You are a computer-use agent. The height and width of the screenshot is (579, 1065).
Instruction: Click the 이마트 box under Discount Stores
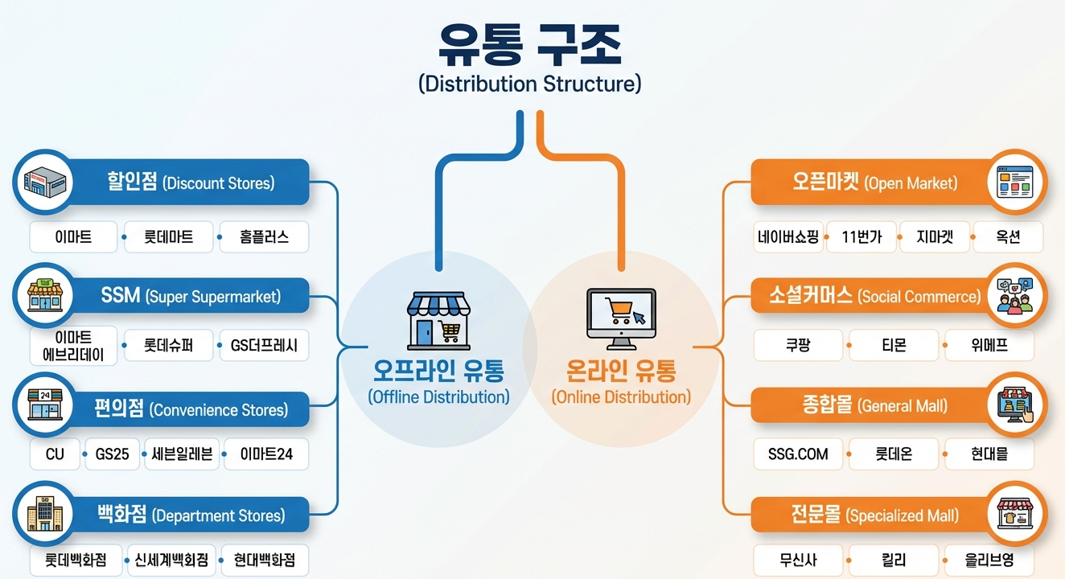[73, 237]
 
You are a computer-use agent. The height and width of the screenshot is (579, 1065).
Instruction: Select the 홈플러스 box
[264, 237]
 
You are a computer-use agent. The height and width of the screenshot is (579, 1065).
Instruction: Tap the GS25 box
[112, 454]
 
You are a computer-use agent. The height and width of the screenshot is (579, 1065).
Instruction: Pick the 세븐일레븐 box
[181, 454]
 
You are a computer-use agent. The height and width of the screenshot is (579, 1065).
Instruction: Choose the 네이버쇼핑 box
[788, 237]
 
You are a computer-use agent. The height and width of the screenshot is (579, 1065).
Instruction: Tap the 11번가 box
[861, 237]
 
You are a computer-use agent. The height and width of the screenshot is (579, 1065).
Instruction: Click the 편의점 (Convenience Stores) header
[190, 409]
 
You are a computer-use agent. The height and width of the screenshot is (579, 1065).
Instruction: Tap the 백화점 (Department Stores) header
[191, 515]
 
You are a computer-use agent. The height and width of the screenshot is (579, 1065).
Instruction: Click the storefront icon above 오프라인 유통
[434, 318]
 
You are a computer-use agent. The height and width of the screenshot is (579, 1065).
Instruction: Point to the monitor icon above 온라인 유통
[620, 318]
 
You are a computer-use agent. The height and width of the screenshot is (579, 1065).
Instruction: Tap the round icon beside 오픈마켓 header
[1017, 183]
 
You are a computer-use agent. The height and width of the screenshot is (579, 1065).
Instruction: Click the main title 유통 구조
[530, 46]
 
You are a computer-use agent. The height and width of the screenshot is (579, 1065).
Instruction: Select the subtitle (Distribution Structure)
[530, 84]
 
